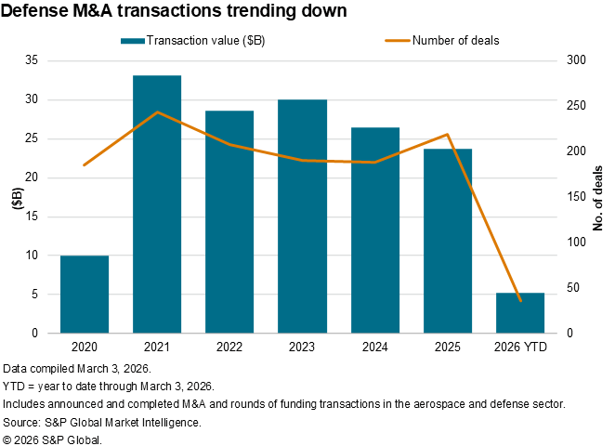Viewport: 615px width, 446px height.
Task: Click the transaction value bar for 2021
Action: click(x=157, y=204)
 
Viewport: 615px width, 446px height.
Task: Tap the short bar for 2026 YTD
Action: click(x=520, y=312)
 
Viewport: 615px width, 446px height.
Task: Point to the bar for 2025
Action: click(x=448, y=241)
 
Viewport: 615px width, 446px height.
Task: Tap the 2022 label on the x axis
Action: click(x=229, y=347)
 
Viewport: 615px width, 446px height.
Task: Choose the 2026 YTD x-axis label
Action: click(x=520, y=347)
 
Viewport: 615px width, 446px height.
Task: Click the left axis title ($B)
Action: click(x=16, y=197)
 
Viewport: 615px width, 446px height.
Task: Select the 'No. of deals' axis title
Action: click(x=598, y=197)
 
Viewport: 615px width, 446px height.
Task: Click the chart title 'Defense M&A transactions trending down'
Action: click(x=176, y=12)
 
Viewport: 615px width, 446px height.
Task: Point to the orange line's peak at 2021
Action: click(x=157, y=112)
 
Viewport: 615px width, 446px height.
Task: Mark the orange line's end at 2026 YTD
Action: click(x=520, y=301)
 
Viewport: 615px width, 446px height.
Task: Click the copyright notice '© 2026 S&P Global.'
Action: click(x=53, y=439)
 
